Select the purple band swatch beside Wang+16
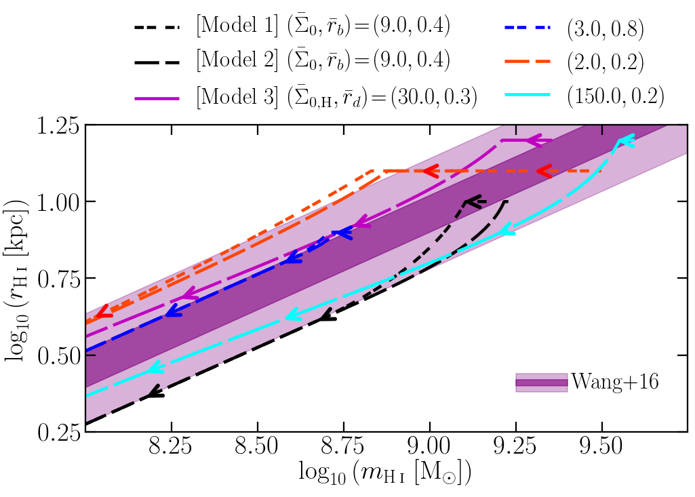541,383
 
